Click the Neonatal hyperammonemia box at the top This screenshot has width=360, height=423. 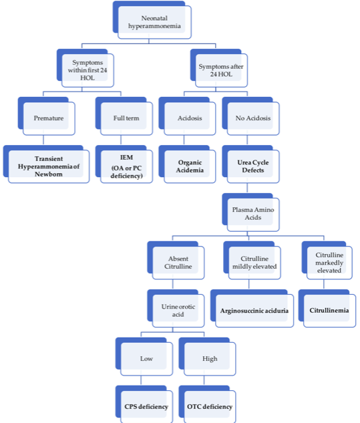tap(152, 20)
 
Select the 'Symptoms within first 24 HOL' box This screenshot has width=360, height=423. tap(85, 68)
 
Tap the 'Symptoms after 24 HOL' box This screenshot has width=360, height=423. tap(219, 68)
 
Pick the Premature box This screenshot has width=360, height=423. tap(46, 116)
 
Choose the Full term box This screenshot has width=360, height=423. tap(124, 116)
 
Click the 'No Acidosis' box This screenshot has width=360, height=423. tap(250, 116)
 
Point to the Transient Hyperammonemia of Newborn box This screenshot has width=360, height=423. tap(46, 164)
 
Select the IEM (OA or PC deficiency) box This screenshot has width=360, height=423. tap(124, 164)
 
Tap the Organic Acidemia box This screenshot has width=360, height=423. tap(188, 164)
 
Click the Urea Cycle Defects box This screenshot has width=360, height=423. tap(250, 164)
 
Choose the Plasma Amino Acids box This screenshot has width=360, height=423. tap(250, 213)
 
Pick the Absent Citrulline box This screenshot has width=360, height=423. tap(176, 261)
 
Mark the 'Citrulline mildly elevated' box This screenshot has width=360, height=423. tap(252, 261)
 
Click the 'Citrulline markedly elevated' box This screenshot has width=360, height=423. tap(327, 261)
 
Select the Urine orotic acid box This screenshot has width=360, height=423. tap(176, 308)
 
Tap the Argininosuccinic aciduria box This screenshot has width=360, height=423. tap(252, 308)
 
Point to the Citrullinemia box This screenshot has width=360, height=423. tap(327, 308)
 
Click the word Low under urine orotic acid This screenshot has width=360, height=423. tap(146, 359)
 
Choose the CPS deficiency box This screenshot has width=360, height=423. tap(144, 404)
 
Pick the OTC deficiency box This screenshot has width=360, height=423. tap(207, 404)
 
